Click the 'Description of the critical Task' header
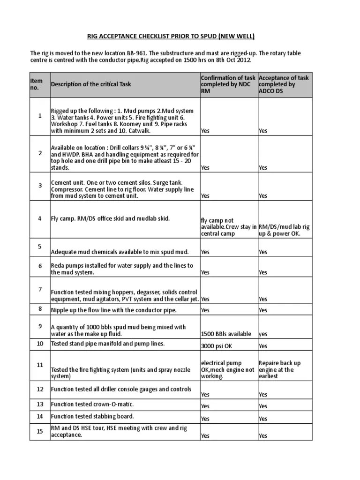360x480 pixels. [x=91, y=84]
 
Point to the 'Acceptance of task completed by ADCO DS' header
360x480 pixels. [x=284, y=84]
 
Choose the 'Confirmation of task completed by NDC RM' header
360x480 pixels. [x=228, y=84]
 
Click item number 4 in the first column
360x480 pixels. [x=40, y=218]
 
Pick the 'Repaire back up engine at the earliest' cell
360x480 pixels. [x=280, y=369]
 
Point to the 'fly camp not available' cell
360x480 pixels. [x=228, y=227]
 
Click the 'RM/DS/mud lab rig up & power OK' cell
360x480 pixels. [x=284, y=230]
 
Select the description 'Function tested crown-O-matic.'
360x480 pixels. [x=92, y=404]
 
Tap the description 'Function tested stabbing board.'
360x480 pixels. [x=92, y=416]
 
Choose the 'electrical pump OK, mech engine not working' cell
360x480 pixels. [x=228, y=369]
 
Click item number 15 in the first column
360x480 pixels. [x=40, y=431]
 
